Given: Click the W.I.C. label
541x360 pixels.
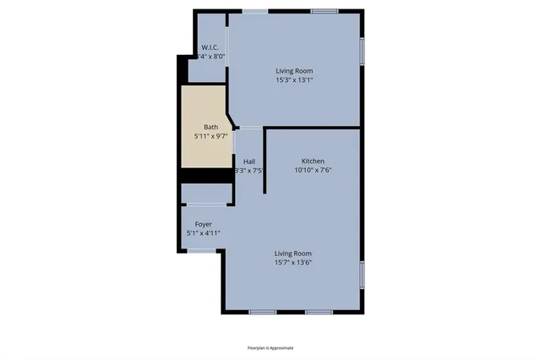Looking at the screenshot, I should click(210, 46).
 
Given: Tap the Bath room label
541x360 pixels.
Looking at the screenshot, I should click(210, 127).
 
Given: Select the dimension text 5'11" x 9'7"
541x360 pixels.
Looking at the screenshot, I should click(210, 135).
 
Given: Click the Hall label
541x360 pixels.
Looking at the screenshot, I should click(249, 161).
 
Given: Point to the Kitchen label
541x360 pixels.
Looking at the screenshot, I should click(313, 161).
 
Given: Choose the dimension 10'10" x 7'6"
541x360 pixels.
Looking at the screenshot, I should click(313, 170).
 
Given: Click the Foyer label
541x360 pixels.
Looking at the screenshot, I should click(203, 224).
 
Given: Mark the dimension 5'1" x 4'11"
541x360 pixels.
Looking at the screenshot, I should click(203, 232).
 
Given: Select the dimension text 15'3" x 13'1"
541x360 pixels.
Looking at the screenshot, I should click(294, 80).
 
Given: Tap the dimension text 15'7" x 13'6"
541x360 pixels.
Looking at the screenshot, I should click(293, 262).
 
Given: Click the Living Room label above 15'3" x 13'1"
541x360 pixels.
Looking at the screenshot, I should click(294, 71).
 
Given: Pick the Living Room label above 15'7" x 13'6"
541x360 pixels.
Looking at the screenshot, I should click(293, 253).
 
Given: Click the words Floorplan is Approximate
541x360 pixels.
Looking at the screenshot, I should click(270, 347).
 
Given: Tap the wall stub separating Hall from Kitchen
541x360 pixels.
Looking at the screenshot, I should click(265, 161).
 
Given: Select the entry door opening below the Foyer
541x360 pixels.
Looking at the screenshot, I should click(204, 250).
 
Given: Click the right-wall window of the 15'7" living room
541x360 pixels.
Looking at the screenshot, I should click(363, 275).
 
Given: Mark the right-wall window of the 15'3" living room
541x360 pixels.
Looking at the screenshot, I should click(363, 51).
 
